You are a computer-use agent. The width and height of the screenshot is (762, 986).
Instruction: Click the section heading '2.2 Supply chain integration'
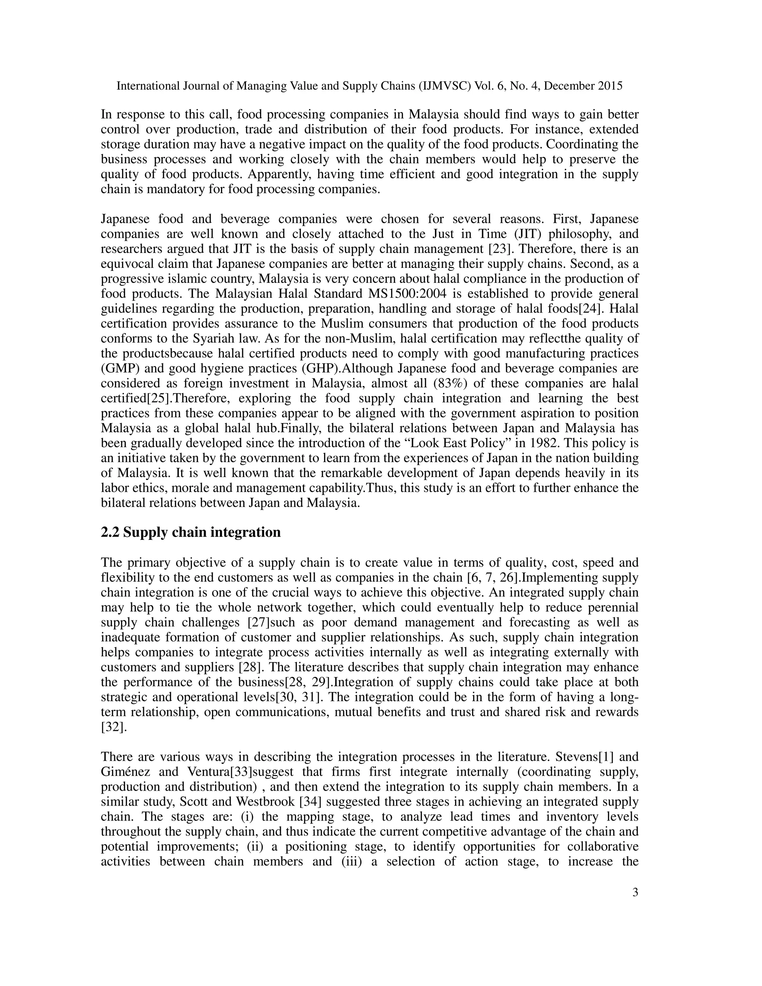190,532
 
